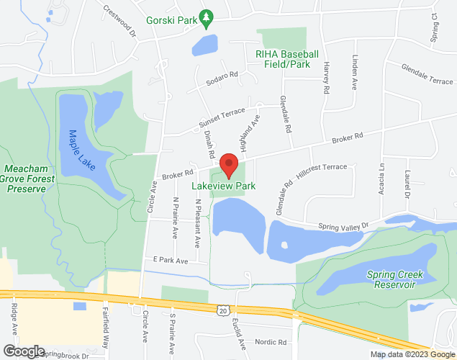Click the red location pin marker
click(229, 165)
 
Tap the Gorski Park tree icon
click(207, 15)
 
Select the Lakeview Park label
click(224, 186)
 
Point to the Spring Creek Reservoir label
click(395, 279)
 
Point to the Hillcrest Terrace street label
click(321, 171)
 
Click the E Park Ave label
click(170, 260)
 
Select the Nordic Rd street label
click(271, 342)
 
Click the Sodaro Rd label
click(222, 74)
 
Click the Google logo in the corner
click(23, 351)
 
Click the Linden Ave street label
click(355, 73)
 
